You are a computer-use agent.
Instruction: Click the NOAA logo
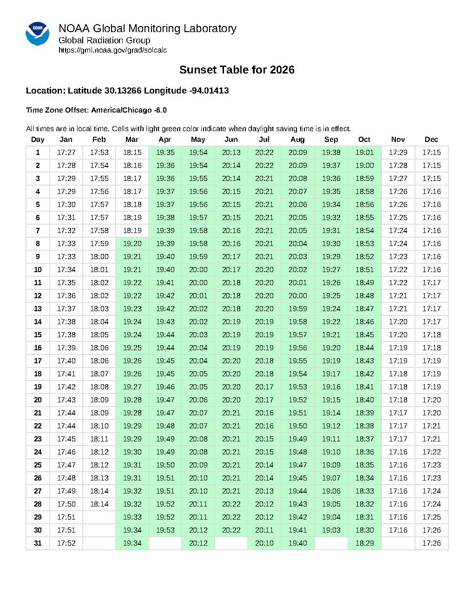point(37,33)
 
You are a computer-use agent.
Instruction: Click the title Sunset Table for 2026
point(237,70)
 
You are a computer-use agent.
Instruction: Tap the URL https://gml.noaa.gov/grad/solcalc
point(112,50)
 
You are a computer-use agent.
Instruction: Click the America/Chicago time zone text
point(122,110)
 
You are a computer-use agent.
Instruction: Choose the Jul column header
point(264,140)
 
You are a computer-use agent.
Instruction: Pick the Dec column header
point(431,140)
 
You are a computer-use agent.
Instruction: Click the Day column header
point(38,140)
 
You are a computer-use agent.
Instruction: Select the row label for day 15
point(38,335)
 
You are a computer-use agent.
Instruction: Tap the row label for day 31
point(38,543)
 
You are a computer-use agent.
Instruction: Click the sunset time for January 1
point(66,153)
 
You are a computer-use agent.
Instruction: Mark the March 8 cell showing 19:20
point(132,244)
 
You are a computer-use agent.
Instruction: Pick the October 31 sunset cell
point(364,543)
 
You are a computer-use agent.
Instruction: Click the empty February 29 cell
point(99,517)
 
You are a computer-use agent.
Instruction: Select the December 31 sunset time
point(431,543)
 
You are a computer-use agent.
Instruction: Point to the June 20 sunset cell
point(231,400)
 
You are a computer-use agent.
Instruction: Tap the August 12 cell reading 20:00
point(297,296)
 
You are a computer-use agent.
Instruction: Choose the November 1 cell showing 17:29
point(398,153)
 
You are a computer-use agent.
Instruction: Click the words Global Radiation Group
point(104,40)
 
